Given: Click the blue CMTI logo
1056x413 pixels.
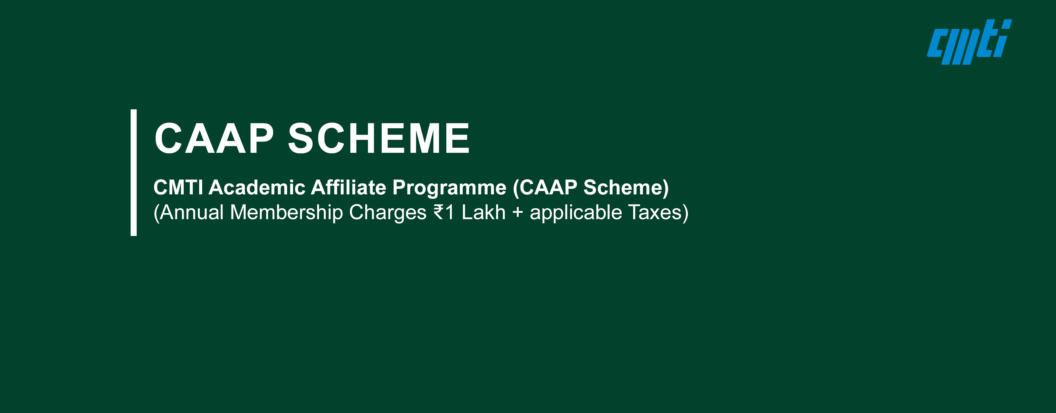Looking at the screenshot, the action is coord(969,42).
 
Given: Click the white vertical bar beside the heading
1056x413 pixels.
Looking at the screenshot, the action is coord(134,172).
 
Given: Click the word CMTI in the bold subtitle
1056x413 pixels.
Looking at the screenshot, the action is coord(178,188).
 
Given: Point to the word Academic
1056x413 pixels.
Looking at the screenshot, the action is coord(257,188).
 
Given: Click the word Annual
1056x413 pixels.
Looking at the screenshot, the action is coord(192,213).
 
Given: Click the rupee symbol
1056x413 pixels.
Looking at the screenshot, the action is coord(439,213).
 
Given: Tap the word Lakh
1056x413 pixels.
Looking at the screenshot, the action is coord(484,213).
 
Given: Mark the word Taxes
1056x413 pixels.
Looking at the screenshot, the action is coord(655,213).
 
